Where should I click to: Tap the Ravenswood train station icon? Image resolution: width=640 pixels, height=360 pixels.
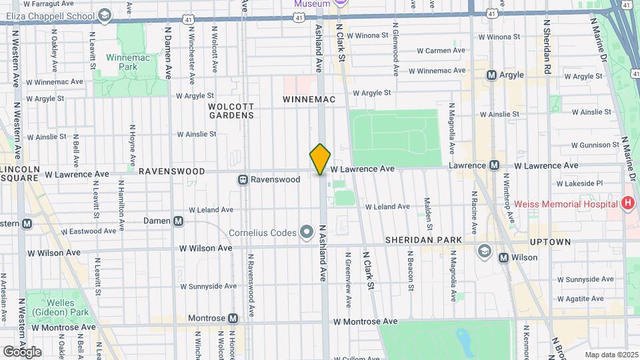243,179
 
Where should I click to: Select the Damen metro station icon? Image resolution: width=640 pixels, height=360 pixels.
178,221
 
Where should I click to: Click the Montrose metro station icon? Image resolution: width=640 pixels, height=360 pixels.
233,319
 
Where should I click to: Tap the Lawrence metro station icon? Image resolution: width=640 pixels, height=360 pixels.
495,165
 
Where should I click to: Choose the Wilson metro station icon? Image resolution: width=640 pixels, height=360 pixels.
504,257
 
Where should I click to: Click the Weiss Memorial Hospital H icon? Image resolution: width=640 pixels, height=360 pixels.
627,203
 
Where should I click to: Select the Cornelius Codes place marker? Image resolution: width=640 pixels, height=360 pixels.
307,232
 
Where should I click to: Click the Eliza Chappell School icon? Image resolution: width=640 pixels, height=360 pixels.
105,15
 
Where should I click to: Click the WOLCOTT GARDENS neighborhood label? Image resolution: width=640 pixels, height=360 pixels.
231,111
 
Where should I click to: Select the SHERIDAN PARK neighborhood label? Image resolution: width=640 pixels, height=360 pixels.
423,240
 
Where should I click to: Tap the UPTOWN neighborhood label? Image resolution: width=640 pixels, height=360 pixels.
551,241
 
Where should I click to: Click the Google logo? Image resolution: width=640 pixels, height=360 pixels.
22,351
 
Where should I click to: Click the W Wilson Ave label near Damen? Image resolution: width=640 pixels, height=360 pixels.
206,248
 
